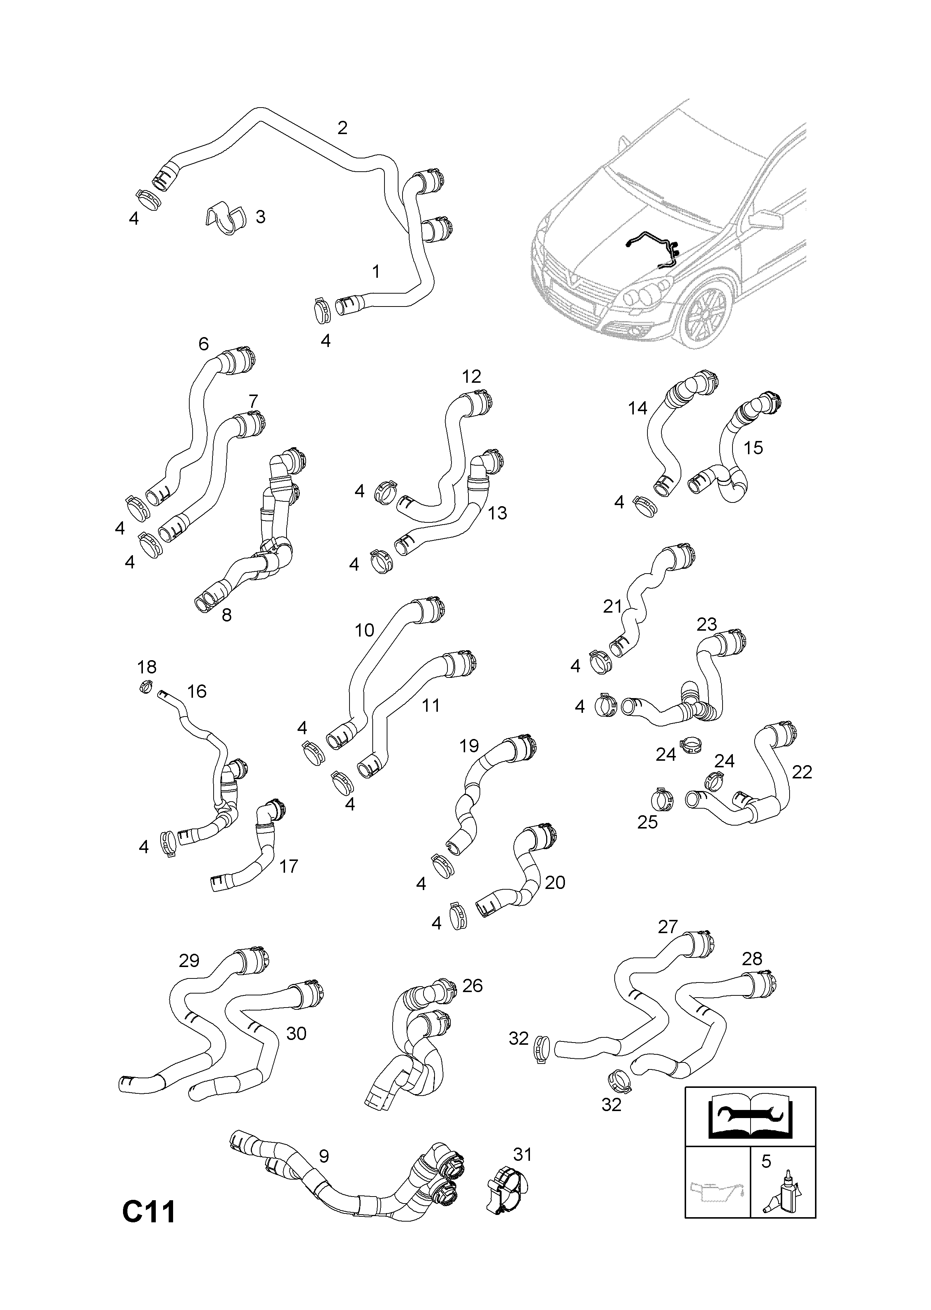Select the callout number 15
(753, 447)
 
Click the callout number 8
(226, 615)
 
